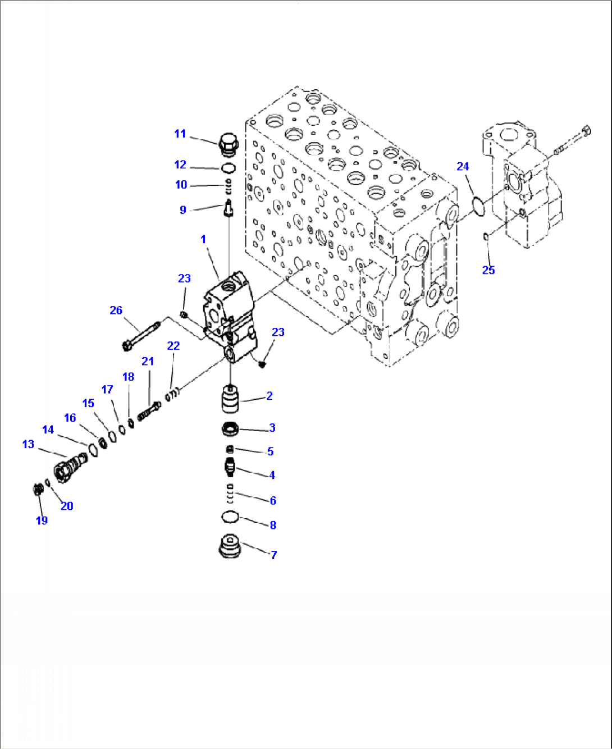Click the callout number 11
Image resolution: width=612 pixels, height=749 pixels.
click(180, 134)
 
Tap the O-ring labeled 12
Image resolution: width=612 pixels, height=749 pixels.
click(228, 168)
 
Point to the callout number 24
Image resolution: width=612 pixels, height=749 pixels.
click(463, 166)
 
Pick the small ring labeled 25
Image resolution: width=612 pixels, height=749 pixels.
click(486, 237)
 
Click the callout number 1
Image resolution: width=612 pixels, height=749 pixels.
click(203, 240)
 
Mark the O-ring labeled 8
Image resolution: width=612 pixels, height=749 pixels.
click(230, 516)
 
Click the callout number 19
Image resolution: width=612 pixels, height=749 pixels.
click(42, 520)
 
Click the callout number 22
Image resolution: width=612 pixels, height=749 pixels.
click(173, 346)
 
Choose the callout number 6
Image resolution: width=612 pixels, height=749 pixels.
click(273, 500)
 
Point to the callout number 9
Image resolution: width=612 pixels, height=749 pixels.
click(182, 210)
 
